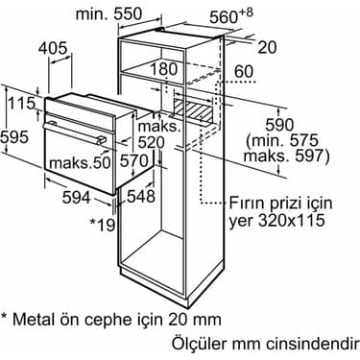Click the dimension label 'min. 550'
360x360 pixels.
pos(108,14)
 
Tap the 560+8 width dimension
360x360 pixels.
pos(231,16)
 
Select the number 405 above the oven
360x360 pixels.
pos(53,48)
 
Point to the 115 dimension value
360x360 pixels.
pos(21,104)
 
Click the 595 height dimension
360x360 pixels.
pos(14,137)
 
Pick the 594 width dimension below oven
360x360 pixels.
pos(77,198)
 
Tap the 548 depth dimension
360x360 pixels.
pos(141,196)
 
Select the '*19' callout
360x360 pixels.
pos(102,225)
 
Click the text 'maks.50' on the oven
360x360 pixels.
pos(80,162)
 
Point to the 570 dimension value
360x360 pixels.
pos(134,160)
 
